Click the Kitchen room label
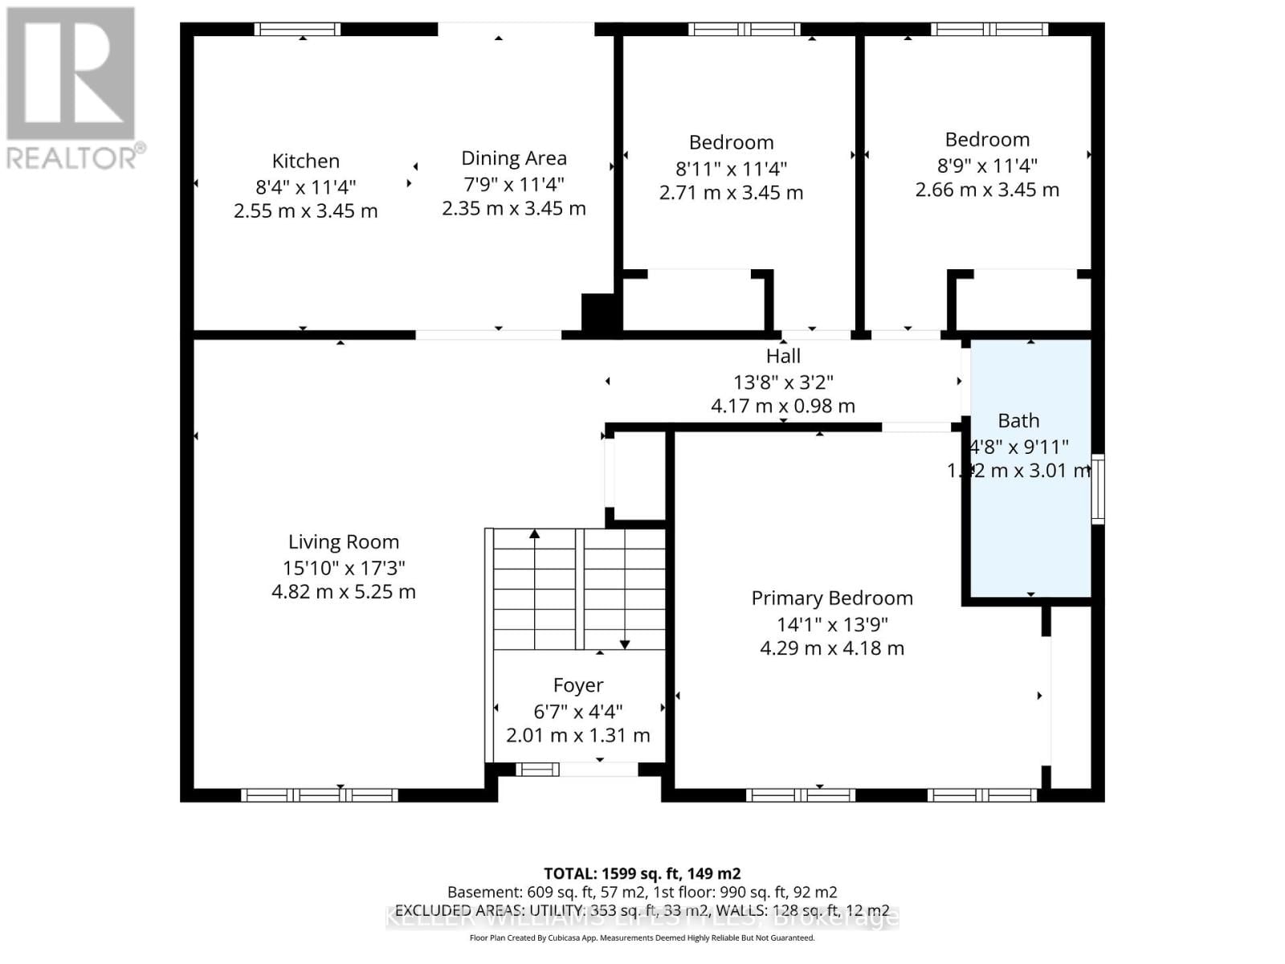[305, 161]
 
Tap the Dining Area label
[513, 158]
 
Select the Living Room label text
[344, 542]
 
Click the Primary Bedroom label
[832, 598]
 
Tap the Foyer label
[578, 685]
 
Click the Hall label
[783, 356]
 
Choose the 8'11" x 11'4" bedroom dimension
[731, 169]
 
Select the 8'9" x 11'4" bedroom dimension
[987, 165]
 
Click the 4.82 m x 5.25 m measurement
[344, 592]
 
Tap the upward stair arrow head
[535, 533]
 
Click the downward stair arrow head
[625, 644]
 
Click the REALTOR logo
[72, 88]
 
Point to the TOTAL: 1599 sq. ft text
[642, 873]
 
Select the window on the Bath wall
[1097, 489]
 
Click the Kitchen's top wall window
[297, 30]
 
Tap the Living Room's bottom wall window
[320, 795]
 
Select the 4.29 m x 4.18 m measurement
[832, 648]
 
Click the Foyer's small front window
[537, 770]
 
